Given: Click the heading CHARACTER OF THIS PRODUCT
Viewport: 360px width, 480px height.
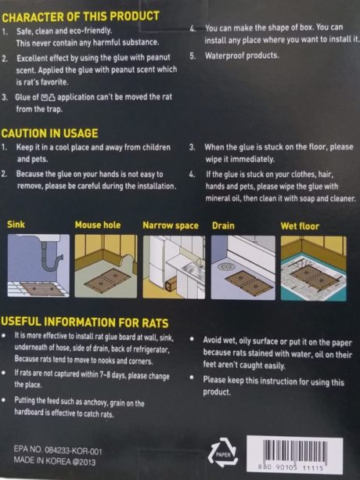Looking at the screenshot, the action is [81, 17].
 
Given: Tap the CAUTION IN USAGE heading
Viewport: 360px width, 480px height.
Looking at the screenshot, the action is [50, 133].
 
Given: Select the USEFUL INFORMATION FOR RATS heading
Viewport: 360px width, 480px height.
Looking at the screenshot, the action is [85, 323].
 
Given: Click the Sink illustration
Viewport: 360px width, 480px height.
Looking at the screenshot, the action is [38, 265].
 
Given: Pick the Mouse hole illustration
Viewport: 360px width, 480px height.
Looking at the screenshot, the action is [106, 266].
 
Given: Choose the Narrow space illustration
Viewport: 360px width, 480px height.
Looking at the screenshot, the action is [174, 267].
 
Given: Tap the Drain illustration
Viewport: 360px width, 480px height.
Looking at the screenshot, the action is [243, 267].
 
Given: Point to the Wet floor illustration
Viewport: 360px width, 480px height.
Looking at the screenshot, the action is [314, 268].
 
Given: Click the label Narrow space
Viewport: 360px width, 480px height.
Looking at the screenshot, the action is [171, 226].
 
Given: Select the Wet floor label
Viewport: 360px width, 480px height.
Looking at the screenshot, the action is [300, 226].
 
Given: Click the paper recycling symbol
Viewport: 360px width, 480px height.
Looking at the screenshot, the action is [223, 453].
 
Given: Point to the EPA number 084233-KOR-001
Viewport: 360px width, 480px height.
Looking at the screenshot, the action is [73, 450].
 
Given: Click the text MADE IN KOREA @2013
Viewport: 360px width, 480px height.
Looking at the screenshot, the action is [55, 461].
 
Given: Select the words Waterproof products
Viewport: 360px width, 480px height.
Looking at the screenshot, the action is [242, 56].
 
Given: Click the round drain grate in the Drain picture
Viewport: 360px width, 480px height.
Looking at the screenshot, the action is [226, 267].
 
